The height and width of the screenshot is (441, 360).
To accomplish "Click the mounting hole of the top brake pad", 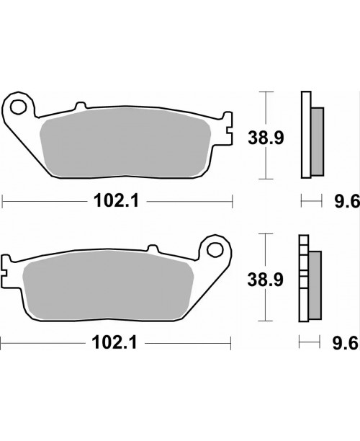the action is (x=18, y=107).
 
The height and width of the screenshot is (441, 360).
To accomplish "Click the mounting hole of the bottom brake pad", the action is (x=215, y=249).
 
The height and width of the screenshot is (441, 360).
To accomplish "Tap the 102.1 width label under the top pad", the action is (x=117, y=201).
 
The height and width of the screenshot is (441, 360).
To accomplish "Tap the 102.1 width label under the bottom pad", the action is (x=114, y=343).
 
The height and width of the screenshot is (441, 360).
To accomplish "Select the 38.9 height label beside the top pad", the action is (x=266, y=138).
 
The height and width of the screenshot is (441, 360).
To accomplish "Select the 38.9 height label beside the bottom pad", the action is (x=265, y=280).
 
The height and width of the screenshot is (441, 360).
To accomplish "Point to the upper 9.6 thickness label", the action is (x=347, y=201).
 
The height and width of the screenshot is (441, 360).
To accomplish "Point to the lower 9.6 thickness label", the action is (x=346, y=343).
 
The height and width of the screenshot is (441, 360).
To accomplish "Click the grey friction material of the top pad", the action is (x=125, y=143).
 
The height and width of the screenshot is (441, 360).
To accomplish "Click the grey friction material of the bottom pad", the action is (x=108, y=285).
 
